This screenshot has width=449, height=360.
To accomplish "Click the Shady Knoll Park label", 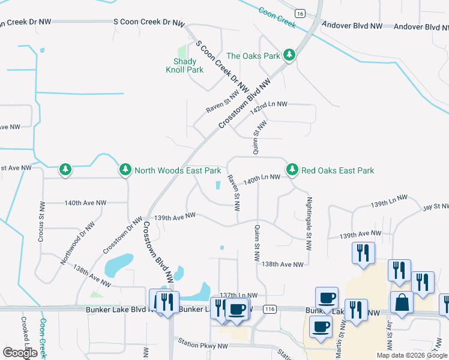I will [184, 65].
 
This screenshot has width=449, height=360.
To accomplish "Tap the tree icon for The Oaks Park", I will [289, 56].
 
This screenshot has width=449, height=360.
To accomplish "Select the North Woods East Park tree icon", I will [125, 170].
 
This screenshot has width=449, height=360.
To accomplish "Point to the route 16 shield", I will [300, 13].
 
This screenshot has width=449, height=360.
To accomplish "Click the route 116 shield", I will [270, 308].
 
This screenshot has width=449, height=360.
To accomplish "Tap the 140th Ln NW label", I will [262, 179].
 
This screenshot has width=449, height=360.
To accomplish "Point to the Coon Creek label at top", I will [277, 17].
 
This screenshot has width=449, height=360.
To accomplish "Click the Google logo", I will [20, 353].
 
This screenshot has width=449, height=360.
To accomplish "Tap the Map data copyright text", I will [412, 355].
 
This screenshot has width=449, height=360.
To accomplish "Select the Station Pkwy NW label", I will [203, 346].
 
